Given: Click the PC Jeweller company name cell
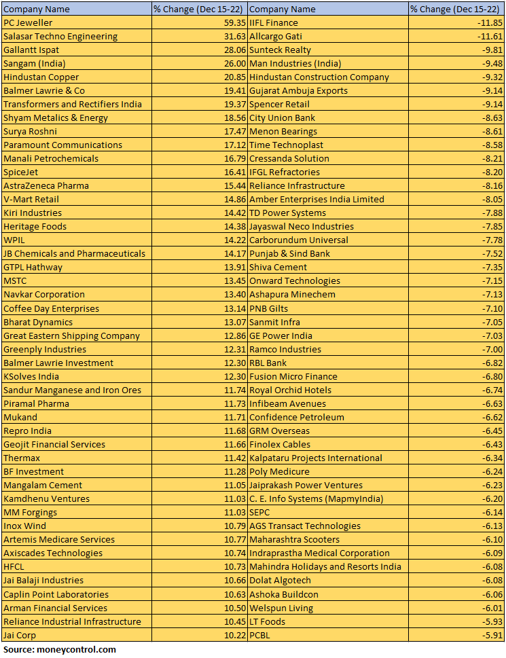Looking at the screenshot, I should click(x=28, y=22).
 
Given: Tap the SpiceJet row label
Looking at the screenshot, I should click(x=21, y=172).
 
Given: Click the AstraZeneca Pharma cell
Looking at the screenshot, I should click(x=46, y=185).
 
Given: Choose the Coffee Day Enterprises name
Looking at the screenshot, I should click(x=51, y=308).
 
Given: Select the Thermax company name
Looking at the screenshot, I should click(x=22, y=458).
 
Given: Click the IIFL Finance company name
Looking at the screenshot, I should click(x=274, y=22).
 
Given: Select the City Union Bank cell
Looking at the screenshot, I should click(x=282, y=117).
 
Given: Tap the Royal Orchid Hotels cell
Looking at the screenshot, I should click(x=290, y=390).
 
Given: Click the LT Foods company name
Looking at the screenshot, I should click(x=267, y=621).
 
